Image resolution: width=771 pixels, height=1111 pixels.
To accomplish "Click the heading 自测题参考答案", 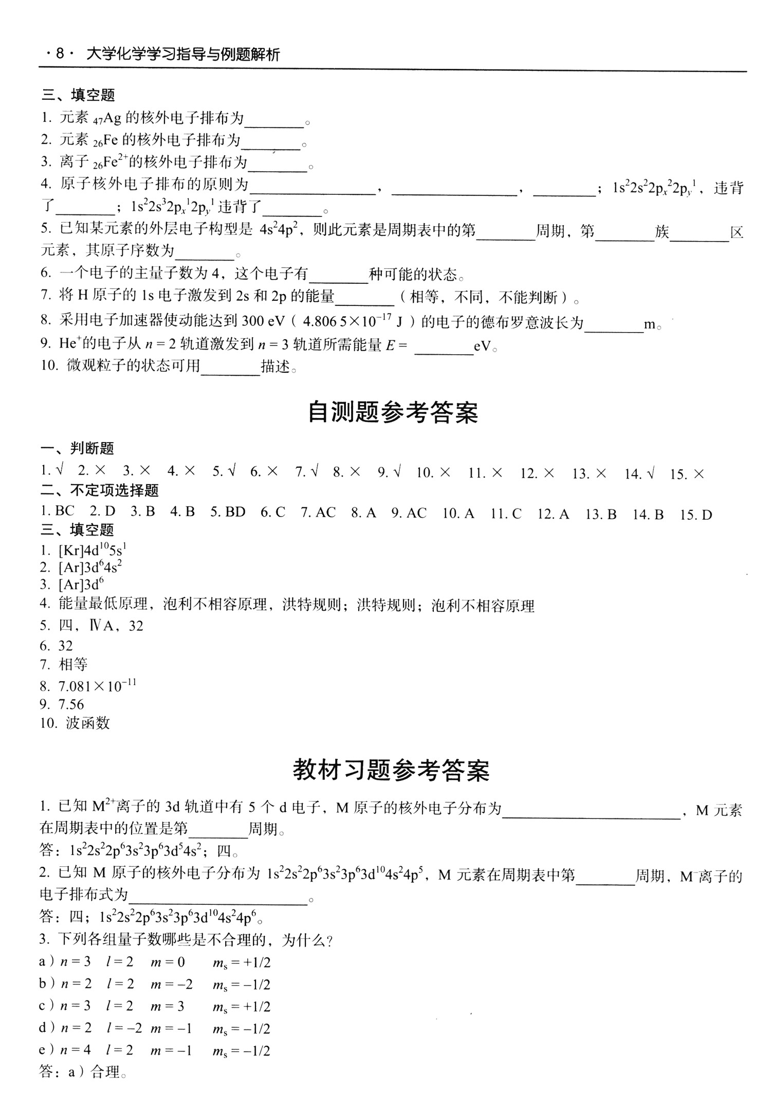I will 393,412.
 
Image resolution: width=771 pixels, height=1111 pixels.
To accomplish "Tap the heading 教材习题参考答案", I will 391,770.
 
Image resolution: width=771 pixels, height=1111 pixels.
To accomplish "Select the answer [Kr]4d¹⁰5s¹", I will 93,550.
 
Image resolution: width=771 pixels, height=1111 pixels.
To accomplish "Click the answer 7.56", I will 71,704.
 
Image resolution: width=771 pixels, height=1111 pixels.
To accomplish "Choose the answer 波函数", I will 88,723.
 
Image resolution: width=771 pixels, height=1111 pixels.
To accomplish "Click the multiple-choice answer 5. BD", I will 228,512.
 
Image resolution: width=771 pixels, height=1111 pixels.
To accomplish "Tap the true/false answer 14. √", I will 639,473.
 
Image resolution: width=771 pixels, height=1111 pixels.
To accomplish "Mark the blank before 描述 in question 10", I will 230,367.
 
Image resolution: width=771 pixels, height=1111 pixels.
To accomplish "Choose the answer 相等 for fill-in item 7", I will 73,664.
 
